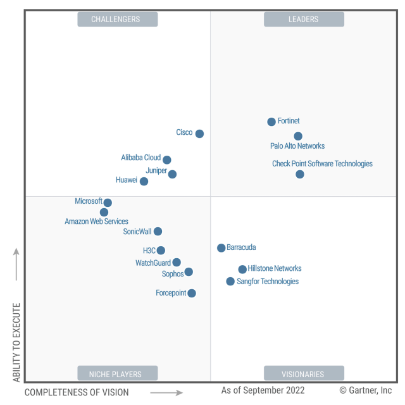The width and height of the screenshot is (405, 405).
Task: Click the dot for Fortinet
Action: (271, 121)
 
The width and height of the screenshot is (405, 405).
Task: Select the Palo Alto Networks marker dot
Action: (298, 136)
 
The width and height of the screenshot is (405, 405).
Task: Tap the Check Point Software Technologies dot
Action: (300, 174)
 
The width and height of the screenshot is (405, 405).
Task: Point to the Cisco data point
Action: (199, 134)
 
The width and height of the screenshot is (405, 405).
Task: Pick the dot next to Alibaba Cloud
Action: (166, 159)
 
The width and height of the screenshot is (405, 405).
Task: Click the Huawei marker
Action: (144, 181)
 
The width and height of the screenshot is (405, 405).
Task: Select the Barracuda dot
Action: (221, 248)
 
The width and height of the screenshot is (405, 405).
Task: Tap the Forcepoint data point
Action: (192, 293)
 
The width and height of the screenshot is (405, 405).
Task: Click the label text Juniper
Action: (156, 171)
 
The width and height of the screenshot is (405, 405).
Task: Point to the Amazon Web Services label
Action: (96, 221)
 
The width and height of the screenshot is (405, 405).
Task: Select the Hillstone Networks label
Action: (275, 268)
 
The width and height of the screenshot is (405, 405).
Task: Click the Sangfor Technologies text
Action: (268, 281)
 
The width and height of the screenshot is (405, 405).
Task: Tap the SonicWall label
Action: (137, 232)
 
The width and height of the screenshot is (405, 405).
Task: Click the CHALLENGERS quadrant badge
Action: (118, 19)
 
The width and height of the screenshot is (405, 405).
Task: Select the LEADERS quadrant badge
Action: (304, 19)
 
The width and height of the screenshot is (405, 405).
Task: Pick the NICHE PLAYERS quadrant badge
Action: (118, 373)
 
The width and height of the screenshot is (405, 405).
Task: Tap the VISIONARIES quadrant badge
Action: (304, 373)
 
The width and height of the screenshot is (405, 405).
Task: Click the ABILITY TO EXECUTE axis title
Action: (16, 342)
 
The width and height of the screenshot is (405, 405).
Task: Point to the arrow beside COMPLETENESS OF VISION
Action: (166, 392)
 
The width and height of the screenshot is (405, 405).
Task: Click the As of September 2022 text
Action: (263, 390)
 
